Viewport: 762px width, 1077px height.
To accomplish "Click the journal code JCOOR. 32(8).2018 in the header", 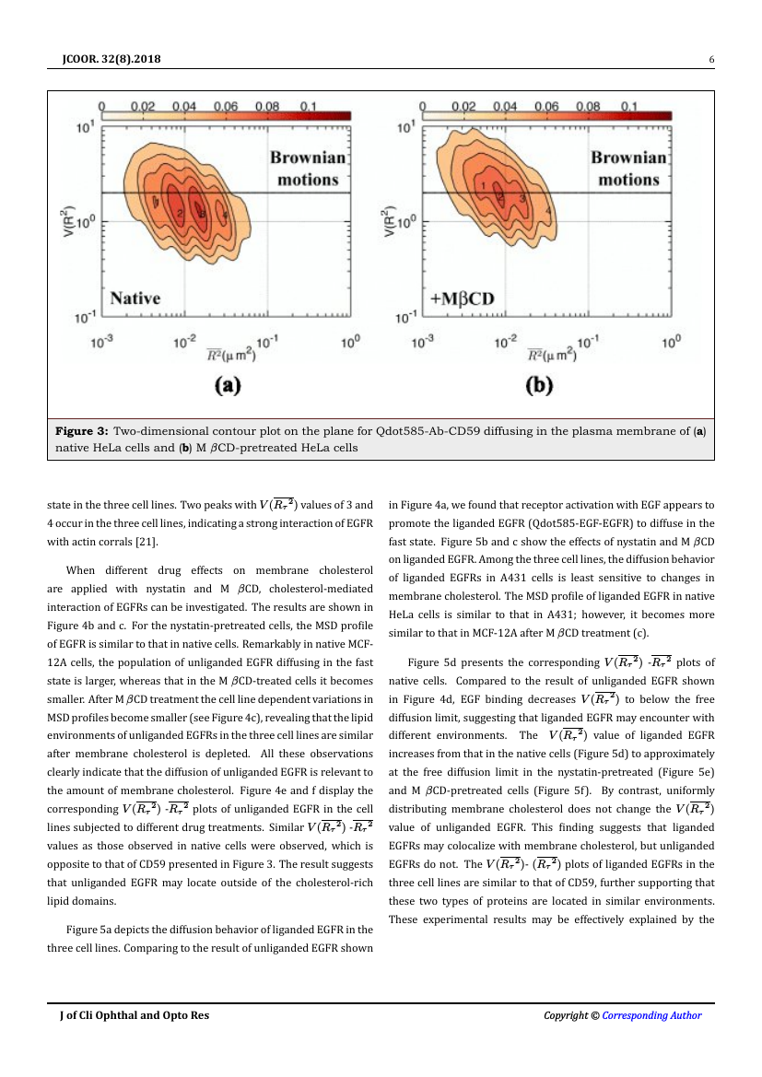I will [x=107, y=60].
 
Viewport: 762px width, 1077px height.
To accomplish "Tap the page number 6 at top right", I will [x=711, y=60].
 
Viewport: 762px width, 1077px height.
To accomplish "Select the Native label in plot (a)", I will [x=135, y=298].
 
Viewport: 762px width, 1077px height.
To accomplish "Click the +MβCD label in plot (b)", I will [x=462, y=298].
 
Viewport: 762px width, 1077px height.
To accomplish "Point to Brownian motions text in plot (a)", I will [x=308, y=169].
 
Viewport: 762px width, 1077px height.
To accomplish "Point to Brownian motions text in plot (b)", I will [x=628, y=169].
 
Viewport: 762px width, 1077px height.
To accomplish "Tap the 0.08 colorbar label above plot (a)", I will [x=267, y=106].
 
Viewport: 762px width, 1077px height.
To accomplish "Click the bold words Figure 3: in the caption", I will [x=83, y=430].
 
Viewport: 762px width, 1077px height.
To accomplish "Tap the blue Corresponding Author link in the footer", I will [x=651, y=1015].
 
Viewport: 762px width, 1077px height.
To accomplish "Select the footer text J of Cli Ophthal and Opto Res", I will [x=135, y=1015].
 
